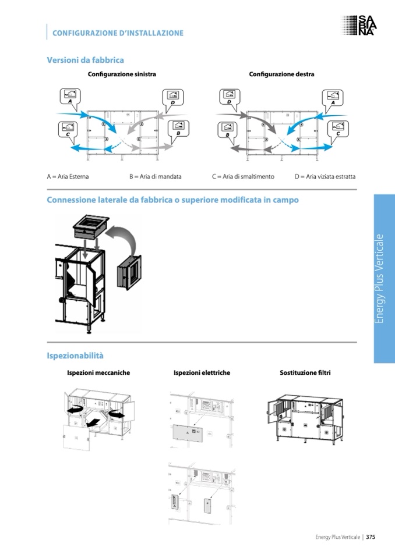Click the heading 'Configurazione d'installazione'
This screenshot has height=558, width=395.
(118, 33)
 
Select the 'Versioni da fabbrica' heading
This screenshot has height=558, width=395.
(85, 59)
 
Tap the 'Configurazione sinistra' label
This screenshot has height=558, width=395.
(122, 74)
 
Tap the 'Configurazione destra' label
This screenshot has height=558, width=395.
(281, 74)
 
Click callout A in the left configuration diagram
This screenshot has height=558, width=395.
(70, 96)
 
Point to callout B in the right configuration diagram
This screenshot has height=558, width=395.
(228, 129)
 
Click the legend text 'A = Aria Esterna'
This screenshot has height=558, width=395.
(68, 176)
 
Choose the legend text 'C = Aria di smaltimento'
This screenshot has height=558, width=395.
(243, 176)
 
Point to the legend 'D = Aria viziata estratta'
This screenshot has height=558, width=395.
(325, 176)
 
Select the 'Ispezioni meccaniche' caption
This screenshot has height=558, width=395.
(98, 372)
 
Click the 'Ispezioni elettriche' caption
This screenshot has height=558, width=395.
(202, 372)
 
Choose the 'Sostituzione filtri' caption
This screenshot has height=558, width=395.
(305, 372)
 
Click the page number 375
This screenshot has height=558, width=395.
(370, 537)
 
